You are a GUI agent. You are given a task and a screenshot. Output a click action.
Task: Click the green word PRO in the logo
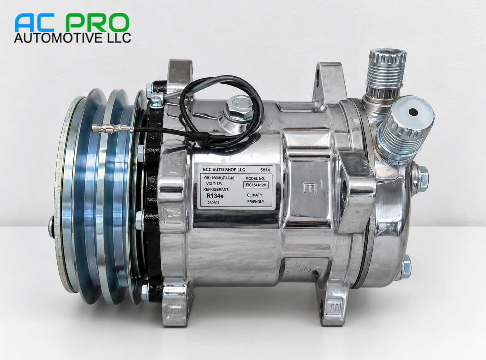click(97, 23)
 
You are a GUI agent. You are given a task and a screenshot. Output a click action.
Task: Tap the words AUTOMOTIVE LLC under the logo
click(72, 38)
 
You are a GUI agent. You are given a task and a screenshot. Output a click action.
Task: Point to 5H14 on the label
click(265, 170)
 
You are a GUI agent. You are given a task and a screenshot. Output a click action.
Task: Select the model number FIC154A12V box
click(256, 185)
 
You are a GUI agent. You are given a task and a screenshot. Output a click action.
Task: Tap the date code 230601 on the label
click(213, 203)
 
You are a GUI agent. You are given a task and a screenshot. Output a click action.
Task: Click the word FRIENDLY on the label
click(256, 202)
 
